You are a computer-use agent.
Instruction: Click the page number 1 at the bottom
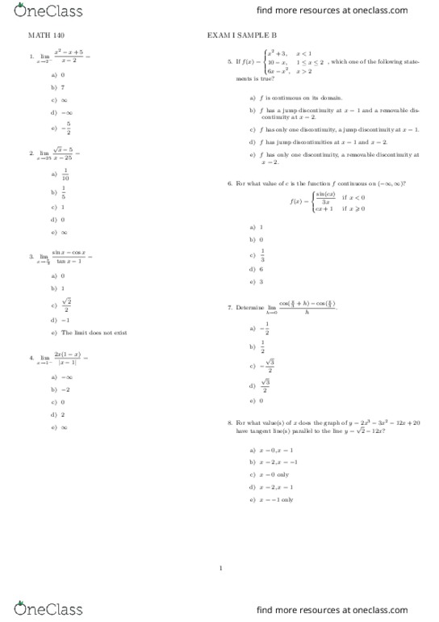[219, 568]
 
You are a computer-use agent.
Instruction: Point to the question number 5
[230, 61]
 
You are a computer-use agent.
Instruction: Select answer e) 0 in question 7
[261, 401]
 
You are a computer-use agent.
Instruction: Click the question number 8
[230, 422]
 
